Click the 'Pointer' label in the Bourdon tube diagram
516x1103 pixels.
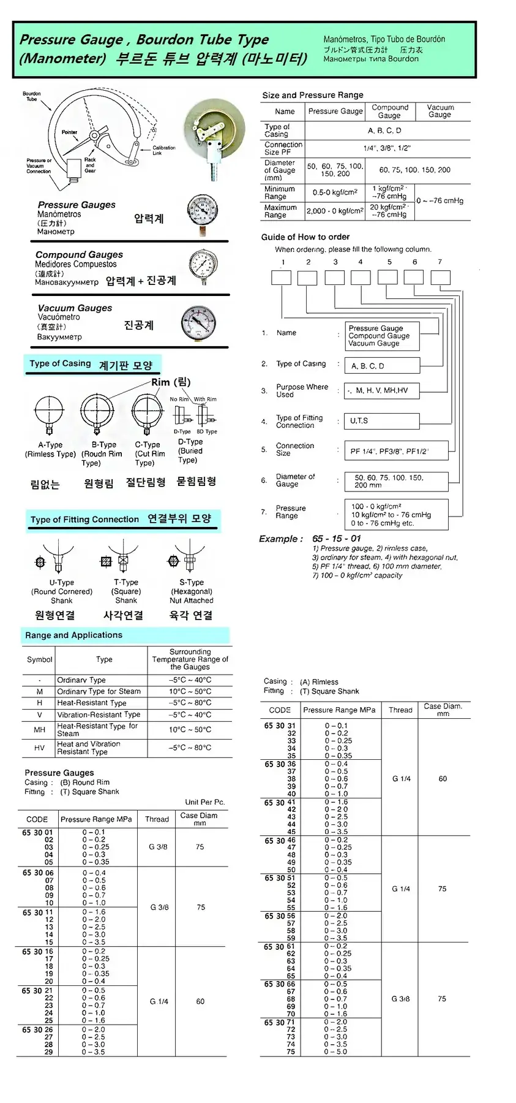(69, 132)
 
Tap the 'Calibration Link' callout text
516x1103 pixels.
(163, 150)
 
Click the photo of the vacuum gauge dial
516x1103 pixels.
(198, 323)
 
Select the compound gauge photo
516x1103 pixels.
(203, 268)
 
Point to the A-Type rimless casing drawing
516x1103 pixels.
(49, 411)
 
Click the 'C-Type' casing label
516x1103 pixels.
(148, 445)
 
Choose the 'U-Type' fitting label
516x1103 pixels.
(61, 582)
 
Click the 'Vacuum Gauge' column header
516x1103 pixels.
(439, 111)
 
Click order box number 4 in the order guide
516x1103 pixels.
(361, 278)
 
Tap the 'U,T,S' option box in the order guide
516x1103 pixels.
(381, 421)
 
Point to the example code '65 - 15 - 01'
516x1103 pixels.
(337, 539)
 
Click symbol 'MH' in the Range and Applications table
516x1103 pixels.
(40, 729)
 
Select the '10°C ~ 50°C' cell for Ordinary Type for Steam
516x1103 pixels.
(190, 691)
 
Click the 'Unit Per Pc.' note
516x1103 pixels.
(204, 802)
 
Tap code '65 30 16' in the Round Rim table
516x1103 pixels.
(37, 952)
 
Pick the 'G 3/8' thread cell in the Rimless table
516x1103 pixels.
(401, 999)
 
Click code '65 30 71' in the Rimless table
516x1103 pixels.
(279, 1022)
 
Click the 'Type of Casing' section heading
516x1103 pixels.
(60, 363)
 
